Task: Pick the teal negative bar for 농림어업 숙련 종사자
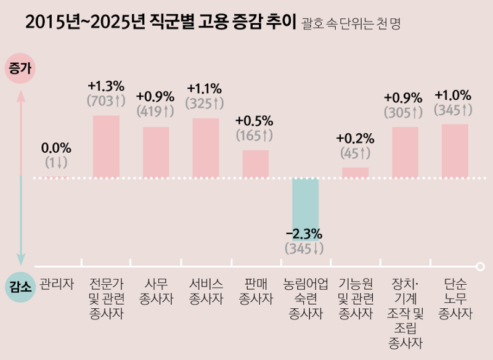305,203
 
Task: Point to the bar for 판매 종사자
255,164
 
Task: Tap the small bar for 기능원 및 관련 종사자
355,173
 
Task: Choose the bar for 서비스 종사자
206,148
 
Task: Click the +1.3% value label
106,86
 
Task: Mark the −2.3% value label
304,235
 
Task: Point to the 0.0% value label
56,148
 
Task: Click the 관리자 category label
56,284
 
